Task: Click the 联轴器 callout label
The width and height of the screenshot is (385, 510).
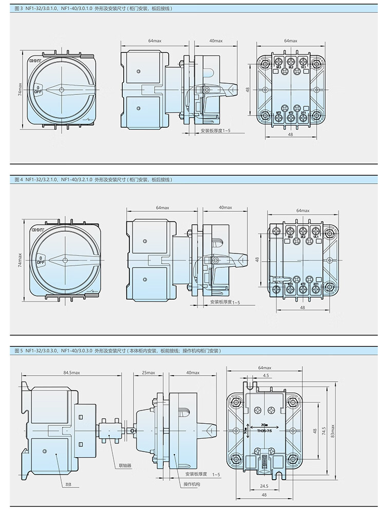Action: point(125,465)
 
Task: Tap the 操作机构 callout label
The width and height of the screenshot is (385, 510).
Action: point(191,484)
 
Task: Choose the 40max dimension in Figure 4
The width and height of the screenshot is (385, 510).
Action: point(225,207)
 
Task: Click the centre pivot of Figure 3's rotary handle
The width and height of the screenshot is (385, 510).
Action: point(62,89)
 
